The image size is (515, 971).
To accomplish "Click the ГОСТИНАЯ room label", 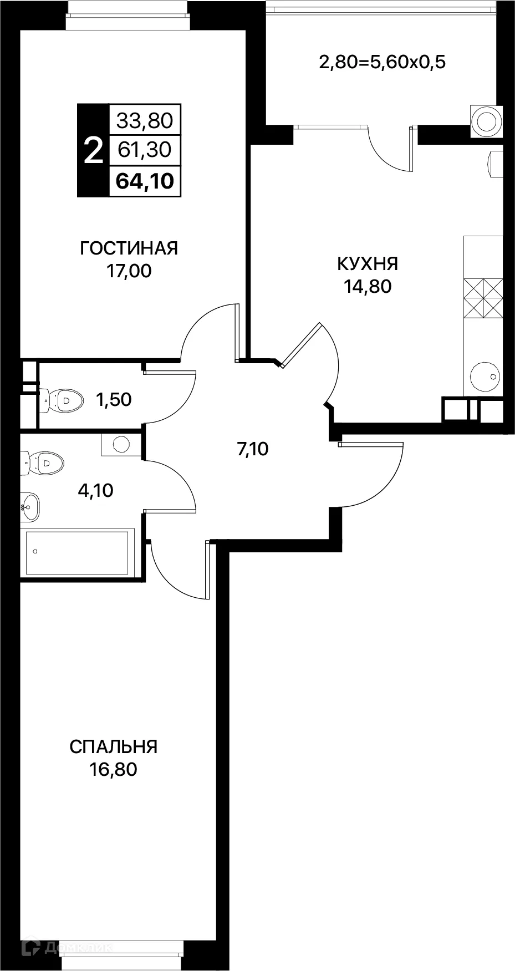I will (x=129, y=248).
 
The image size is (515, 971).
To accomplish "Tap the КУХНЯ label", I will (x=368, y=263).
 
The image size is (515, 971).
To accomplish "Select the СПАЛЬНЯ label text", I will (x=114, y=746).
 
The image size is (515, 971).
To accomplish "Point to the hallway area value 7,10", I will (x=252, y=449).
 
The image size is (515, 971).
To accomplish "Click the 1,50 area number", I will (x=114, y=399).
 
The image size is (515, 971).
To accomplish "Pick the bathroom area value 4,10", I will (x=95, y=490).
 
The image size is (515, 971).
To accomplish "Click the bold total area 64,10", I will (x=145, y=181).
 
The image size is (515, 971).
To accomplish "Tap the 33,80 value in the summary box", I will (x=145, y=120).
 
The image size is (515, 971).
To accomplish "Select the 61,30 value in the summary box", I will (x=145, y=149).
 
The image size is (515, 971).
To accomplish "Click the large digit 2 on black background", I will (x=93, y=151).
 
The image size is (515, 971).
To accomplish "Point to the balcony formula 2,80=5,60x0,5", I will (x=382, y=62).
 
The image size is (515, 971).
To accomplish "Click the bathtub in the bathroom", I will (x=78, y=552).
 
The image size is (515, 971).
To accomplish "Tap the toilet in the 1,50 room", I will (x=62, y=399).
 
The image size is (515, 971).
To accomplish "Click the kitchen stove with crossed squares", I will (x=483, y=298).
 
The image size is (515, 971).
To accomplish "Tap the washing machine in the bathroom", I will (x=120, y=444).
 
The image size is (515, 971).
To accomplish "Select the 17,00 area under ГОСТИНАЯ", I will (x=129, y=271).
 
